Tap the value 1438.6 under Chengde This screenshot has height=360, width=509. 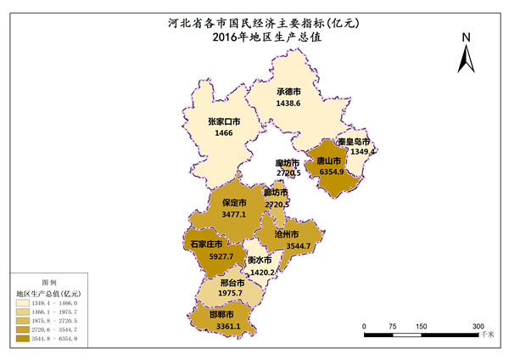[x=289, y=103]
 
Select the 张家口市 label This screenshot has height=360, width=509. [x=224, y=121]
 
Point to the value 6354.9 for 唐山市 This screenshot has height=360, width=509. [x=332, y=172]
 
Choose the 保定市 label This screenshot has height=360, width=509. [x=234, y=203]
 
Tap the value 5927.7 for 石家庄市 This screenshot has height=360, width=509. [x=206, y=256]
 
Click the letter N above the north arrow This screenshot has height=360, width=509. [x=466, y=38]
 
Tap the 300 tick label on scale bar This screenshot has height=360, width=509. [x=478, y=325]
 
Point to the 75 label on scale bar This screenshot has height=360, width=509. [x=393, y=325]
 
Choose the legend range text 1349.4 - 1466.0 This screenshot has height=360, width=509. [x=55, y=302]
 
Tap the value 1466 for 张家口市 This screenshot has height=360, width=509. [x=223, y=133]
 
